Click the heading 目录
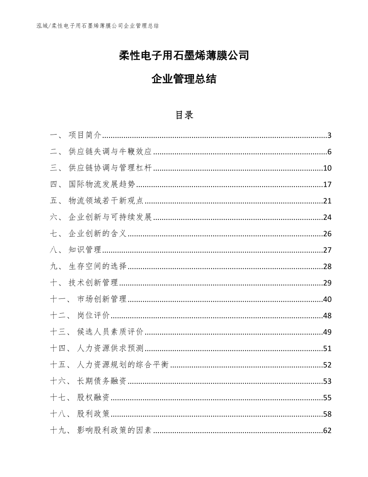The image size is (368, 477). tap(184, 115)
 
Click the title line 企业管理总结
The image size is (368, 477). tap(184, 79)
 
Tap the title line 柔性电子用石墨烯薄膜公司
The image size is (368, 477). tap(184, 56)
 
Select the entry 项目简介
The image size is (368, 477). tap(85, 135)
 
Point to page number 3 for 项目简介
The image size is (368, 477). tap(329, 135)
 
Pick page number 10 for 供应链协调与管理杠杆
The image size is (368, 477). tap(327, 168)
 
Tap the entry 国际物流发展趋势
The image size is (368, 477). tap(102, 185)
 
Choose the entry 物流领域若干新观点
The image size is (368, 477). tap(106, 201)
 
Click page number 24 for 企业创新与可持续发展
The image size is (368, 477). tap(327, 217)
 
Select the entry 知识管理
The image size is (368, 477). tap(85, 250)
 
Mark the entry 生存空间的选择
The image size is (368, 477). tap(98, 267)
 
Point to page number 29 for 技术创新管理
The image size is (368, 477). tap(327, 283)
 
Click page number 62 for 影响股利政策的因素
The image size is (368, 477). tap(327, 431)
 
